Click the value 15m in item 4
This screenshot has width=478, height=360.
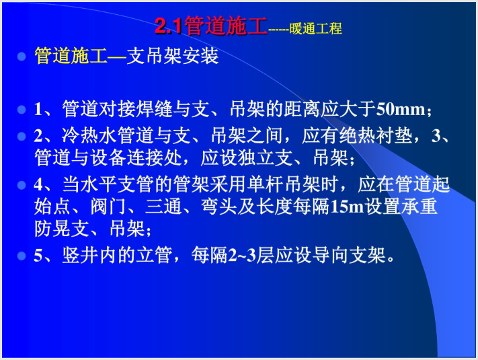click(x=346, y=207)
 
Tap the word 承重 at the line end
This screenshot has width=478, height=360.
click(x=422, y=206)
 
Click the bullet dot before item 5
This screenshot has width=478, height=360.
click(x=21, y=256)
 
